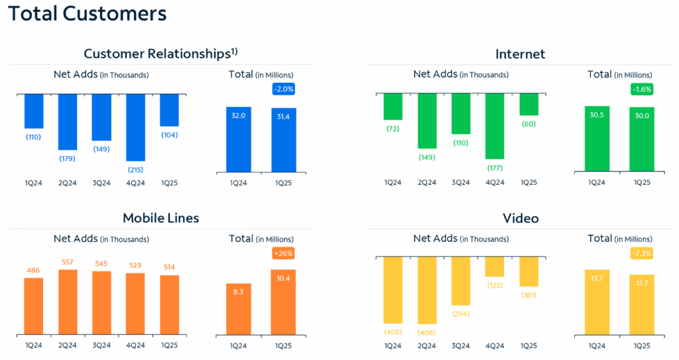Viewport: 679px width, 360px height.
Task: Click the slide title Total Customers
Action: point(87,14)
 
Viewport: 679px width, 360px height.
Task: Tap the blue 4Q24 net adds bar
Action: point(135,127)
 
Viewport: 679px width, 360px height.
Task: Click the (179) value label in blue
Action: point(67,158)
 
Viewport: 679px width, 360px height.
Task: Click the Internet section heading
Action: point(520,54)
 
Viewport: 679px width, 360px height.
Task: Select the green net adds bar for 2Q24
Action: point(427,121)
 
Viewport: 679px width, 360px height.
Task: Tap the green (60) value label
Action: point(528,124)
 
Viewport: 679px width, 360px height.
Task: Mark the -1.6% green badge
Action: point(642,90)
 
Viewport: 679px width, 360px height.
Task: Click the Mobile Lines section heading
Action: point(160,218)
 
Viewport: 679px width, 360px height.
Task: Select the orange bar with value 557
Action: point(67,302)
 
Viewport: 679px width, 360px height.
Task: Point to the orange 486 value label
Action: point(33,270)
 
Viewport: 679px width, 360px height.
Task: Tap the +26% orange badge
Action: point(283,253)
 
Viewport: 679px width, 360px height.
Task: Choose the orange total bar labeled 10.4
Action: point(283,302)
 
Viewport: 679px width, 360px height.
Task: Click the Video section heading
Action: point(520,218)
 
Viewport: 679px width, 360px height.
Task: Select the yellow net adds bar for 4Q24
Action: point(495,267)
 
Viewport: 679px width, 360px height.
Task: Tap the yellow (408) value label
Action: point(427,331)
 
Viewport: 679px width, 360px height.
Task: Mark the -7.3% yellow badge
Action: point(642,253)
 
